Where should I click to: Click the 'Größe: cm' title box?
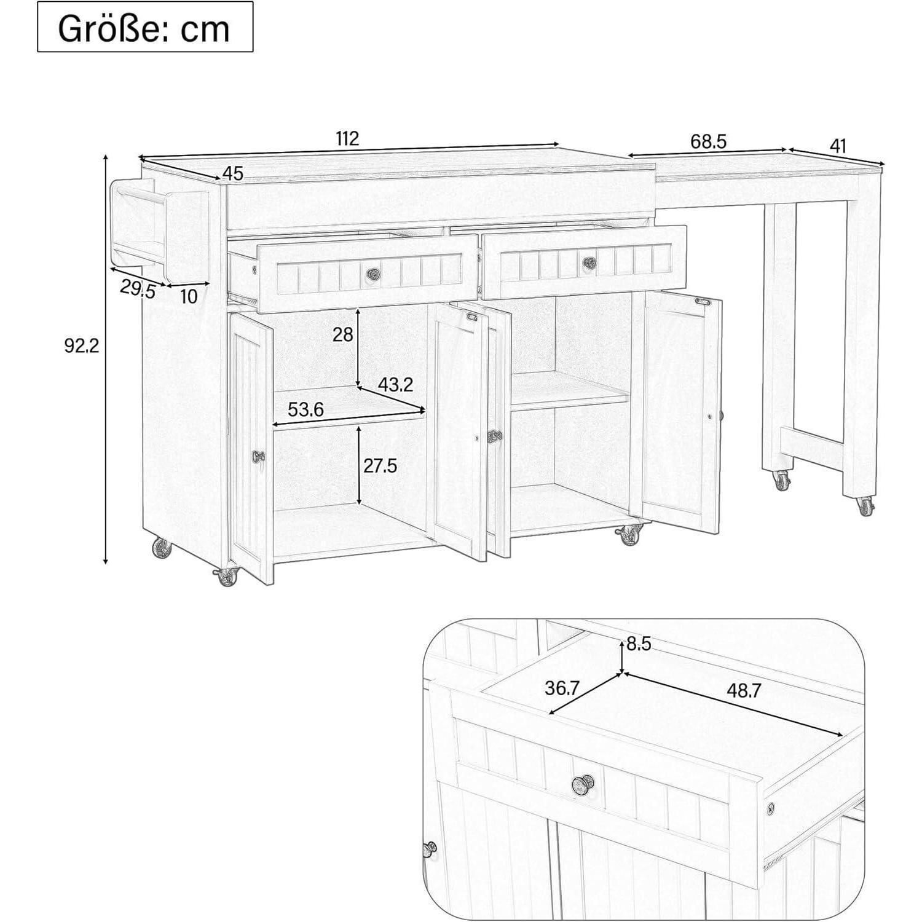(145, 26)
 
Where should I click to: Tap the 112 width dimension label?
(347, 138)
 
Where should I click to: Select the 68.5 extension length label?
(709, 141)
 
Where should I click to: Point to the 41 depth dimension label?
(838, 146)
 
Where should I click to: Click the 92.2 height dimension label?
(82, 346)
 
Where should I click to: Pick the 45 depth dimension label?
(233, 174)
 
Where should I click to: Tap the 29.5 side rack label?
(138, 288)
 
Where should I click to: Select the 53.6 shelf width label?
(306, 409)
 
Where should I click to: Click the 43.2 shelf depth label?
(395, 385)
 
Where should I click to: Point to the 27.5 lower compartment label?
(380, 466)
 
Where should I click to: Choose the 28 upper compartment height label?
(343, 334)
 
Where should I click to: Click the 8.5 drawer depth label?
(639, 644)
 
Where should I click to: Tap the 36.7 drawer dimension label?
(562, 688)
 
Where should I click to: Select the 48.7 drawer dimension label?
(744, 691)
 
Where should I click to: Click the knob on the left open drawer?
(372, 272)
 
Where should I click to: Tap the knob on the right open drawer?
(589, 262)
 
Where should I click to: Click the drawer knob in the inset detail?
(582, 785)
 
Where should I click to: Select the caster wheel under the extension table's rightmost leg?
(865, 506)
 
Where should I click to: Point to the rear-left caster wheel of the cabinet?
(160, 548)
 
